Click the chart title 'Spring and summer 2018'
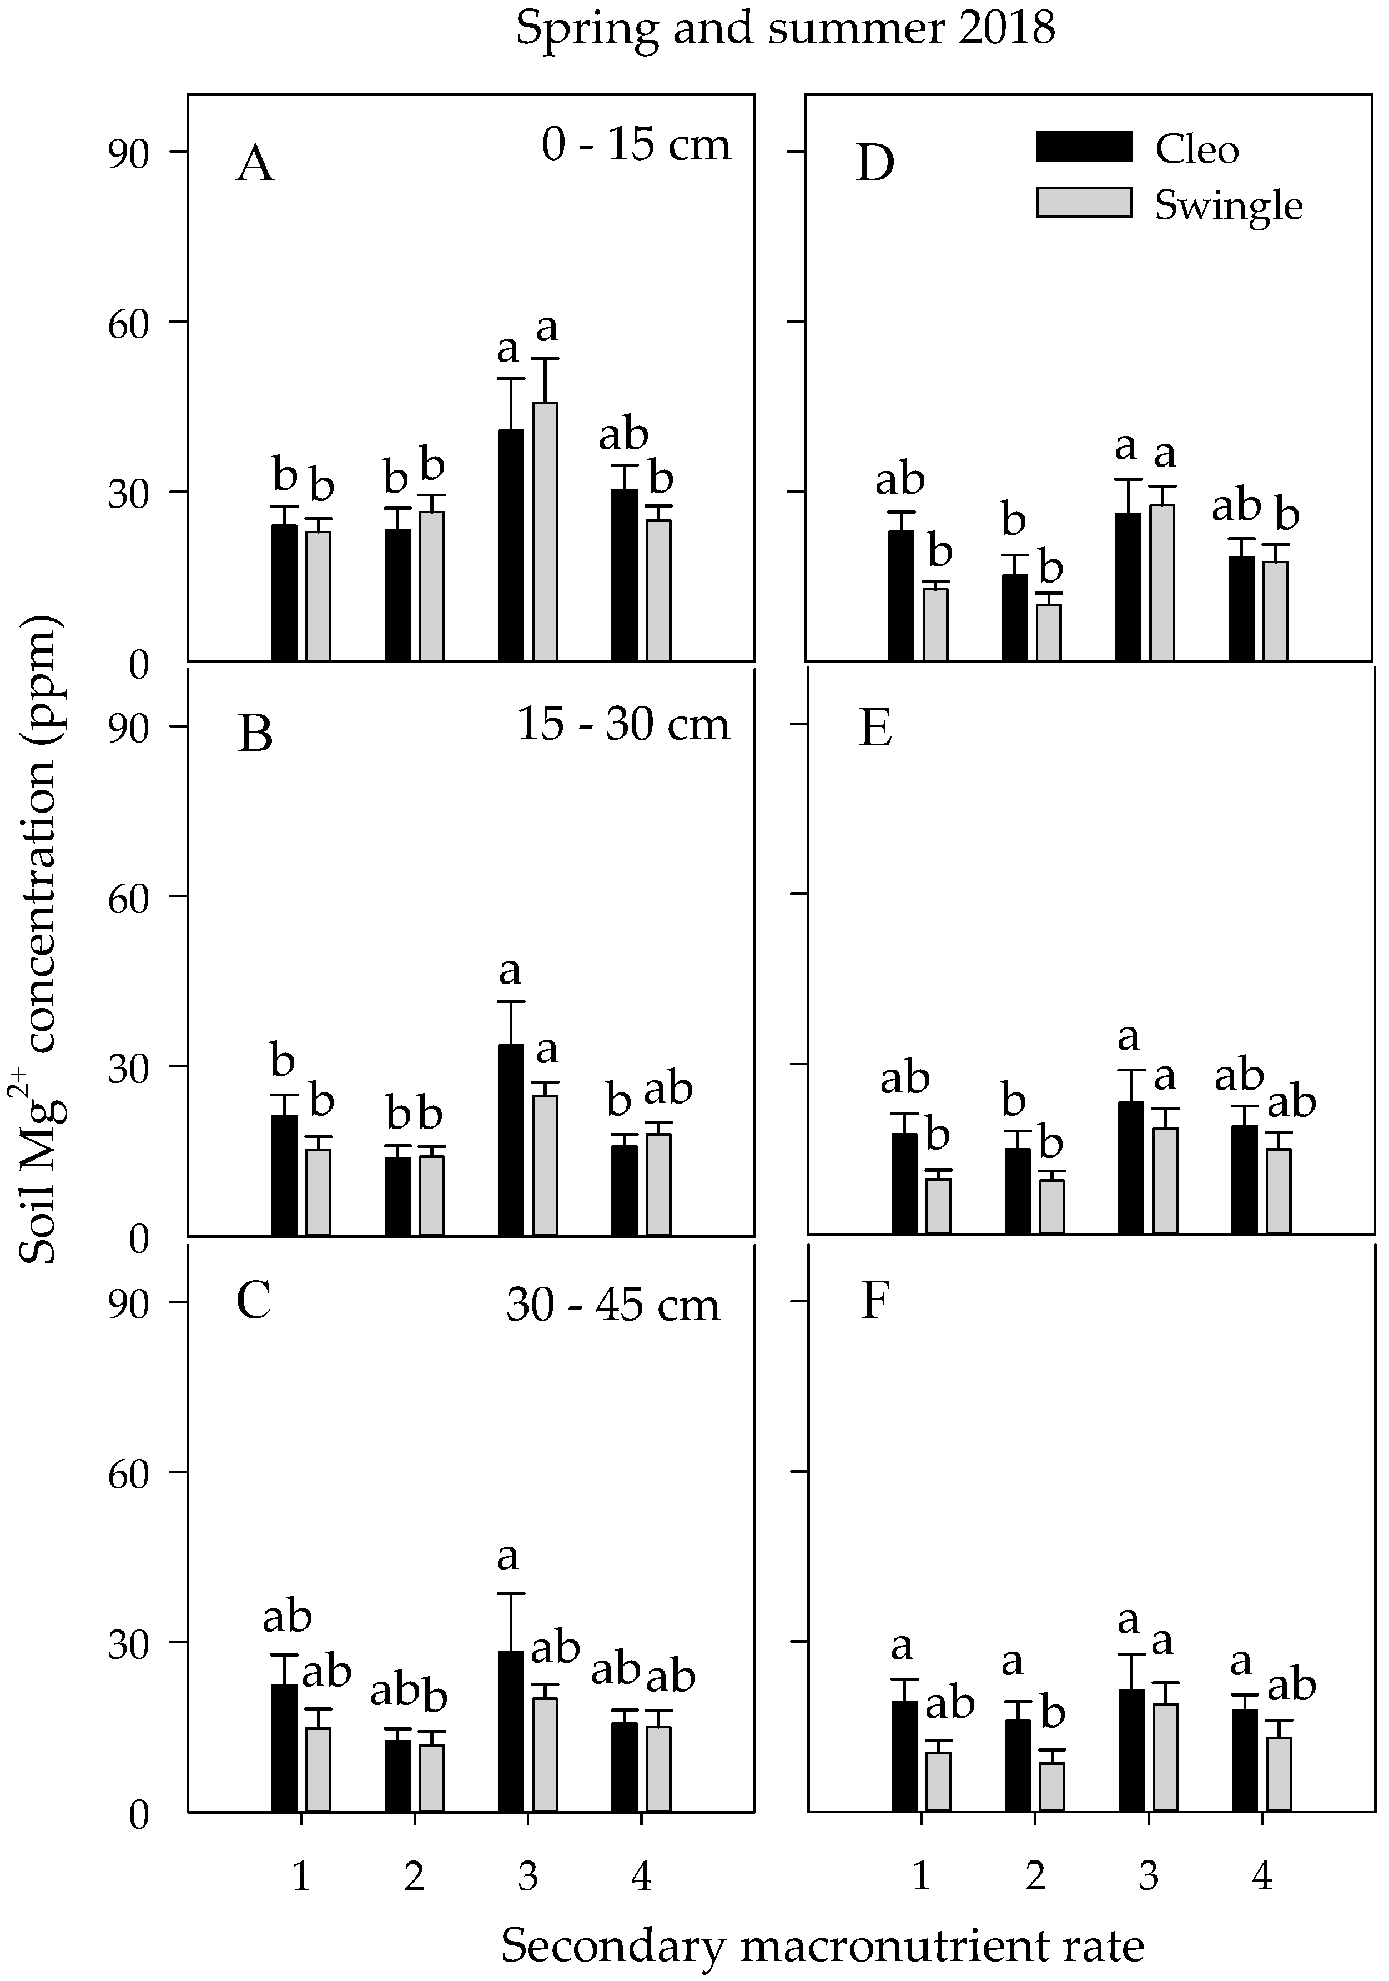tap(785, 29)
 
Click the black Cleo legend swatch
tap(1083, 147)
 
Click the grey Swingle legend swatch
tap(1083, 203)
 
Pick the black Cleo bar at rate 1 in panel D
tap(900, 595)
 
